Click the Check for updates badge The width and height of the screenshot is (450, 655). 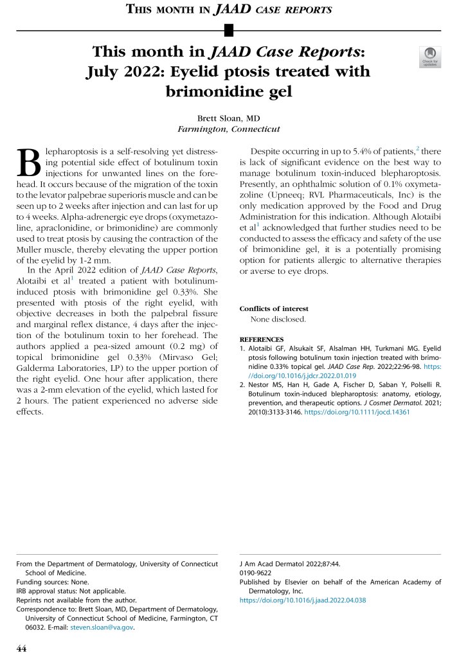[x=429, y=57]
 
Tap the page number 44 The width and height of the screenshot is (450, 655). [x=21, y=649]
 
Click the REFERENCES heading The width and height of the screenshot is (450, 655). [x=262, y=339]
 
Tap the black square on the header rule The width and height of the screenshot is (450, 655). [x=228, y=30]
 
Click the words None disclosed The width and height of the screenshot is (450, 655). [x=278, y=319]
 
